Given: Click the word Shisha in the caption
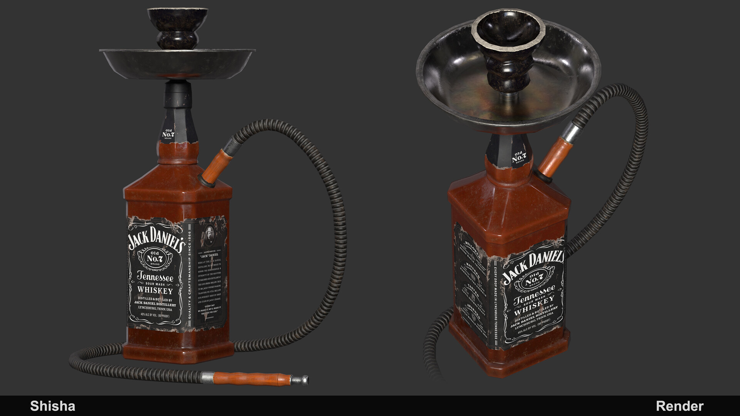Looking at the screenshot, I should coord(52,406).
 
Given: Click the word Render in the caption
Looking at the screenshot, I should coord(679,406).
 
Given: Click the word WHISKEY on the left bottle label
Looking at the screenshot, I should coord(155,290).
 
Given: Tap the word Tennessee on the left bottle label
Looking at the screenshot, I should coord(155,277).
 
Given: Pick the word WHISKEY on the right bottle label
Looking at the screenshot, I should coord(534,305).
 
